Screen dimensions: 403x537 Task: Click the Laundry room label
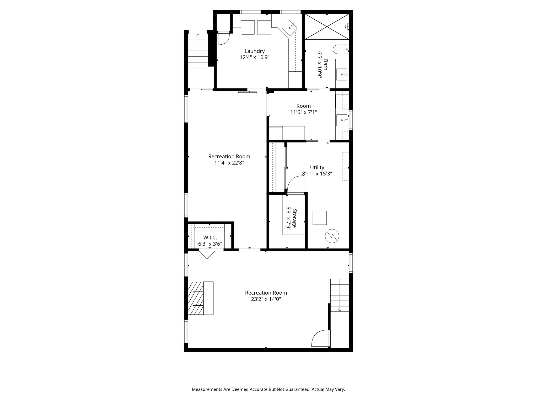[254, 51]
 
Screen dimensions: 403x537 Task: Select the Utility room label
[317, 167]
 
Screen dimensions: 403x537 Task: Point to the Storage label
[294, 219]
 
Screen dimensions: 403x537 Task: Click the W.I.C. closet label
[210, 238]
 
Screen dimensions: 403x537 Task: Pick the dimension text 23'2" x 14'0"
[266, 299]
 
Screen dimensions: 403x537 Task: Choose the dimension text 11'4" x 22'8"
[229, 163]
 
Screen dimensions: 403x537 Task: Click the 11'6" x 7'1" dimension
[304, 112]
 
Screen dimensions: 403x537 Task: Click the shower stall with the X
[326, 26]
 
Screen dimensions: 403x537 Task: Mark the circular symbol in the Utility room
[332, 236]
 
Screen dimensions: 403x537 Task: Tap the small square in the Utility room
[320, 218]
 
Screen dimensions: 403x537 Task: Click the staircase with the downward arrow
[340, 295]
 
